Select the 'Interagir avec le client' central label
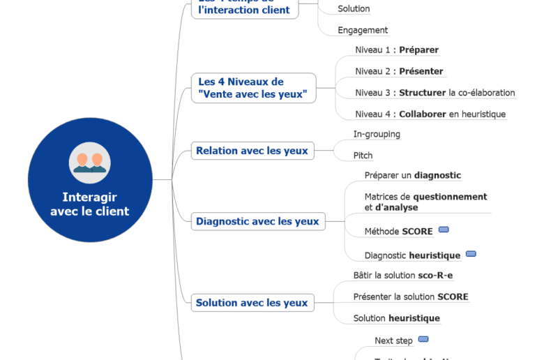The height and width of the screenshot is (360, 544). (x=90, y=204)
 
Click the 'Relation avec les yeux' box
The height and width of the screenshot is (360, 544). (x=252, y=151)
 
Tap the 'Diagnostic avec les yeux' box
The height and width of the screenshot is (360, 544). (x=257, y=222)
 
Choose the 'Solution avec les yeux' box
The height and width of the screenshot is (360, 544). (x=252, y=303)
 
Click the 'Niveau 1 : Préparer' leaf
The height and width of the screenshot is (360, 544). (x=397, y=50)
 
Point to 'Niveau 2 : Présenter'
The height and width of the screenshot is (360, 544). (x=399, y=71)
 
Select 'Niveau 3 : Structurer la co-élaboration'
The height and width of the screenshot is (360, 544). (x=435, y=93)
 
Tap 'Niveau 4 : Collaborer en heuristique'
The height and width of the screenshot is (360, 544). (x=430, y=114)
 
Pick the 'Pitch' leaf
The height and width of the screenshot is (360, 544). (x=363, y=156)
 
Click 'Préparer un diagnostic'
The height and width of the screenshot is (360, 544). (x=412, y=176)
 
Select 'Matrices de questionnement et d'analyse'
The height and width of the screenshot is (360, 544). (x=425, y=202)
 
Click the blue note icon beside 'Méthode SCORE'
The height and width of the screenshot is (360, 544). (x=444, y=230)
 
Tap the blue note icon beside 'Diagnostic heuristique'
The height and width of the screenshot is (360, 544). (x=471, y=254)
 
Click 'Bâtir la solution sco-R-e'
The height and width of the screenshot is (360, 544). (x=402, y=276)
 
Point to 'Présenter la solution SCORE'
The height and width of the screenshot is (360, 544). (x=411, y=297)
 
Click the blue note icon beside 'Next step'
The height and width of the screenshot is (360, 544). (x=423, y=339)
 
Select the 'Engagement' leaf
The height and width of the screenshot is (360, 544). (x=363, y=30)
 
